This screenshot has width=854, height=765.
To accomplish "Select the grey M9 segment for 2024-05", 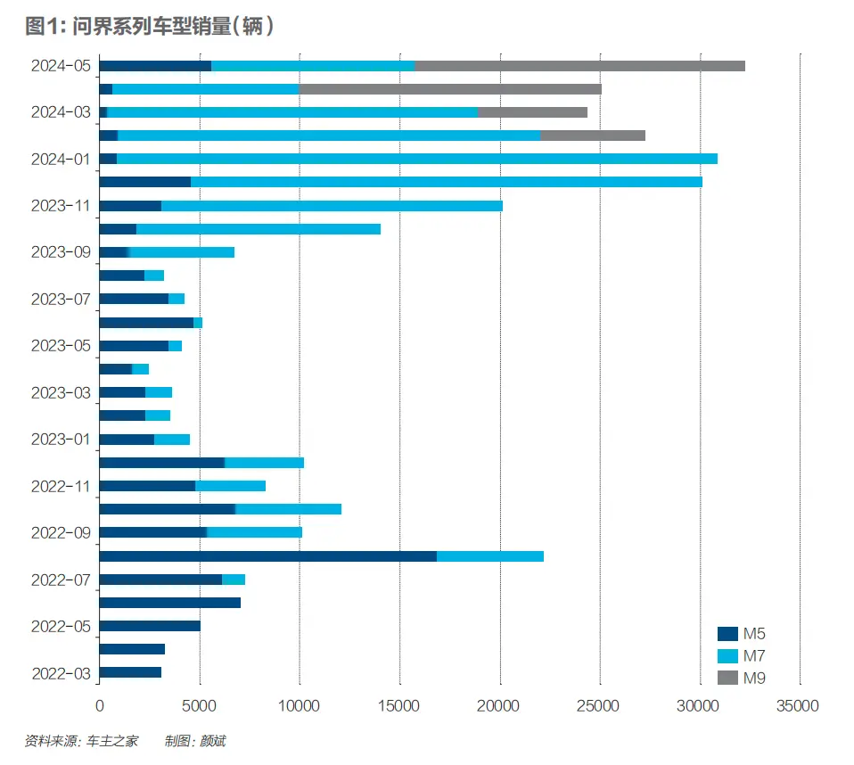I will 579,66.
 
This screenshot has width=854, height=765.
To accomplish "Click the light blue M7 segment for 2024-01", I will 416,159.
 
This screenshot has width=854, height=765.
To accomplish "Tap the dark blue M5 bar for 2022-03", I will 130,672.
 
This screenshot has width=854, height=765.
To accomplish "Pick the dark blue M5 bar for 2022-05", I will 150,626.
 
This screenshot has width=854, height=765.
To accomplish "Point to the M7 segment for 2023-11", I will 332,206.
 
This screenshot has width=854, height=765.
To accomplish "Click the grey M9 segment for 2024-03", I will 532,112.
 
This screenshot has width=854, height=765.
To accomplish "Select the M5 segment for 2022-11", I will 147,486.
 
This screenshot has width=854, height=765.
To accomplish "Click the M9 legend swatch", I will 727,679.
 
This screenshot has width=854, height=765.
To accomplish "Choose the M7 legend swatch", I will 727,656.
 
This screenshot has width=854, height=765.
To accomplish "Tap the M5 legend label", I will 754,634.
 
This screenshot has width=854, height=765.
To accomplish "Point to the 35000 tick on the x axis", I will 797,706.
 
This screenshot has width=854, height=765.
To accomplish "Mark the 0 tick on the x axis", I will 99,706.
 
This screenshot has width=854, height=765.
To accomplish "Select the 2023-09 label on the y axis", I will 61,251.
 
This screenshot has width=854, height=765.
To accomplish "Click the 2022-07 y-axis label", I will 61,580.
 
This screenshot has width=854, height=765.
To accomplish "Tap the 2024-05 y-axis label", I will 61,65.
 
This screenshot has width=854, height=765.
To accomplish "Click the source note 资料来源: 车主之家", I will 81,741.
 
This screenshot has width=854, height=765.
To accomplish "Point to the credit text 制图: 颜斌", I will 195,741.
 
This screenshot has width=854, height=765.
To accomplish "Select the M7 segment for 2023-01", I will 172,440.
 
